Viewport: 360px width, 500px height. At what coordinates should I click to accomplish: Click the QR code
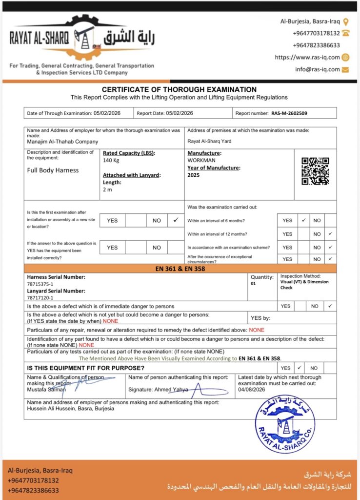pos(315,171)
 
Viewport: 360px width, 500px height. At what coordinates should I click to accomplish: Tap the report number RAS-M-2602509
pos(289,113)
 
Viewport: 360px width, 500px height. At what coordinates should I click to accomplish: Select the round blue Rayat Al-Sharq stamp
pos(285,424)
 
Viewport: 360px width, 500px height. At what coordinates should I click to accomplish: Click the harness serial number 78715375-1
pos(40,284)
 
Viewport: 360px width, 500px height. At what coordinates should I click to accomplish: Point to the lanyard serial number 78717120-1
pos(40,297)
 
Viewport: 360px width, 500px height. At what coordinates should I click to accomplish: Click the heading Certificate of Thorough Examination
pos(179,90)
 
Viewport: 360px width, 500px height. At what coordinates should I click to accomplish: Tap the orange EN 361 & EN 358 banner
pos(180,268)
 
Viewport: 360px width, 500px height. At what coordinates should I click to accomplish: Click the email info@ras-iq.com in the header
pos(317,69)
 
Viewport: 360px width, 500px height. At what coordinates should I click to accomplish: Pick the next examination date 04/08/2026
pos(251,389)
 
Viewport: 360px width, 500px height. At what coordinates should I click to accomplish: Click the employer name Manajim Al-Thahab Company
pos(62,142)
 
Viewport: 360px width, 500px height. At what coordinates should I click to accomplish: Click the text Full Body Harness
pos(53,170)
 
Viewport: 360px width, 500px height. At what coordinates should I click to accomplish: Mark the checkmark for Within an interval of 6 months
pos(303,221)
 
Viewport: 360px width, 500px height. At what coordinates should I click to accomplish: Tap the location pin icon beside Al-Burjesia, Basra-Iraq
pos(346,21)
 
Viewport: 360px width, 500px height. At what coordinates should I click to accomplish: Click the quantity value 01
pos(254,283)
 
